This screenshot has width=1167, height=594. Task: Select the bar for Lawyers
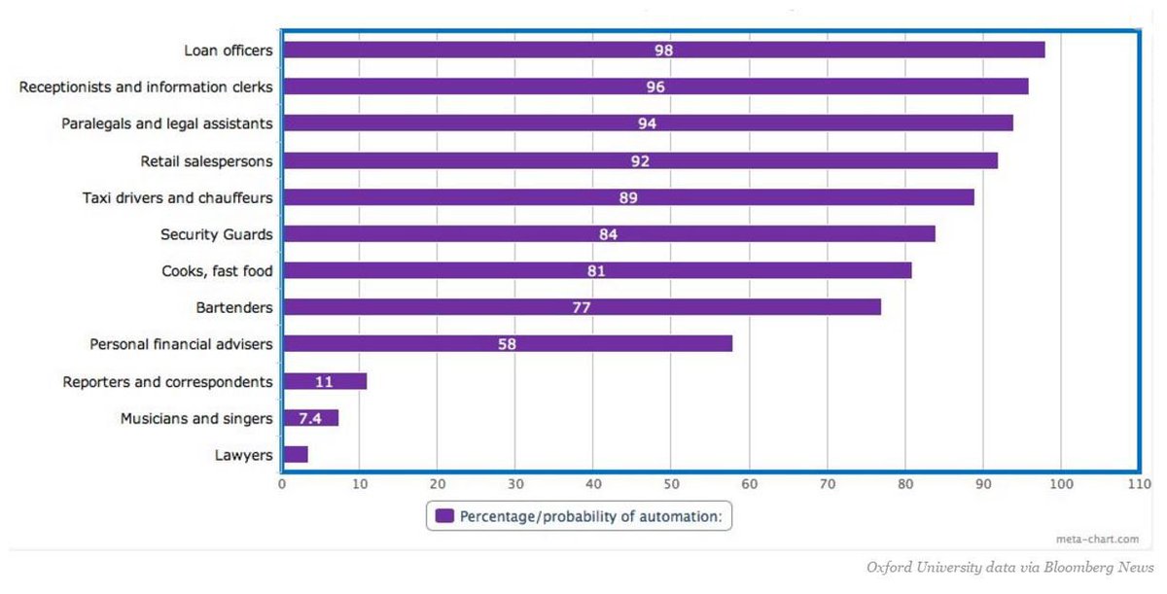tap(295, 454)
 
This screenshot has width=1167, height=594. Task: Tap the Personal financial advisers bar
tap(507, 343)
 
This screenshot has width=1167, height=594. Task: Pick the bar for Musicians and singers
tap(310, 418)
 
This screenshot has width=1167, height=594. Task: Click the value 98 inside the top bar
tap(663, 50)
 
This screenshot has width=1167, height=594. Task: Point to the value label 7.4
tap(310, 418)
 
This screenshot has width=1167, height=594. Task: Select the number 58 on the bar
tap(507, 343)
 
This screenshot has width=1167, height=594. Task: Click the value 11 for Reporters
tap(324, 381)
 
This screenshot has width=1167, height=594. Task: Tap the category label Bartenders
tap(234, 307)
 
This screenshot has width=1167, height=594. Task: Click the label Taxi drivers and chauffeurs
tap(178, 197)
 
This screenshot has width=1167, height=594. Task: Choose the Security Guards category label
tap(216, 234)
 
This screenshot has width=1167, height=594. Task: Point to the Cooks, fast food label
tap(217, 271)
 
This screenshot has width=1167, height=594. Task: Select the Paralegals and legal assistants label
tap(167, 123)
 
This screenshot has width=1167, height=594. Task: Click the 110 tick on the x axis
tap(1138, 482)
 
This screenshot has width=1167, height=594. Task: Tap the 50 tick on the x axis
tap(671, 482)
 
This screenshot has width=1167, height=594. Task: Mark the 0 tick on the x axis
tap(282, 482)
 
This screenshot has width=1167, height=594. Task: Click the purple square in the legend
tap(444, 516)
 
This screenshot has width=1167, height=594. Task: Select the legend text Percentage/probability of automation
tap(589, 516)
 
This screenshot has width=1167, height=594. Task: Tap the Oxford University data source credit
tap(1008, 567)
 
